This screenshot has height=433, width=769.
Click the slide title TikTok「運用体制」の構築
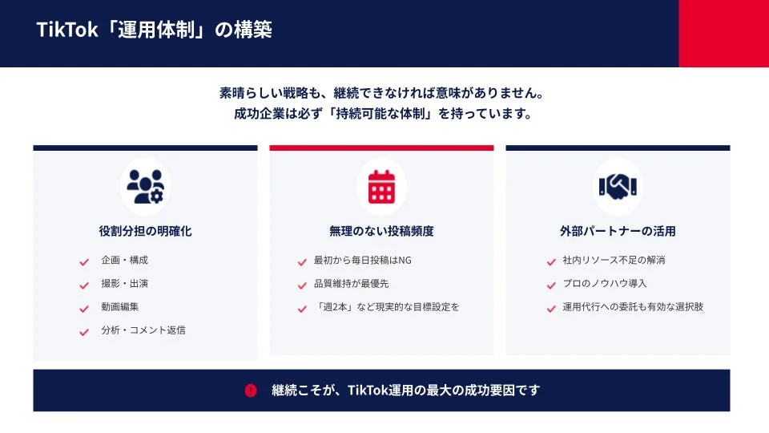(154, 30)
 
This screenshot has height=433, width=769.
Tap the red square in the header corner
(723, 34)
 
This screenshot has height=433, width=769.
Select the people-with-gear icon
(145, 186)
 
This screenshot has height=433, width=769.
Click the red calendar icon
(381, 186)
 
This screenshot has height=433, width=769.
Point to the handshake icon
(618, 186)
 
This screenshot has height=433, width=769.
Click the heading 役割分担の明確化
(145, 231)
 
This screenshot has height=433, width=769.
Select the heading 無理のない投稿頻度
(381, 231)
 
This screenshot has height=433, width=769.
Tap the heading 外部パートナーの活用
(618, 231)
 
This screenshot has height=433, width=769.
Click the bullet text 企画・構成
(124, 261)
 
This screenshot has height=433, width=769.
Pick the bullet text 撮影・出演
(124, 284)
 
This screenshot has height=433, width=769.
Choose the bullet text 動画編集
(120, 307)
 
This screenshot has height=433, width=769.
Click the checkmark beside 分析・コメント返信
(84, 331)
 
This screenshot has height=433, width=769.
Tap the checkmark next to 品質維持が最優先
(302, 285)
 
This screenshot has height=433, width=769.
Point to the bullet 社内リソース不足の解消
(614, 261)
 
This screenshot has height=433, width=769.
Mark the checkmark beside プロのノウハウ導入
(551, 285)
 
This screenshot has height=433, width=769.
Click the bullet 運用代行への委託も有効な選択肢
(633, 307)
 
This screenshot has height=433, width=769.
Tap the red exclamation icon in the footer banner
(251, 391)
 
